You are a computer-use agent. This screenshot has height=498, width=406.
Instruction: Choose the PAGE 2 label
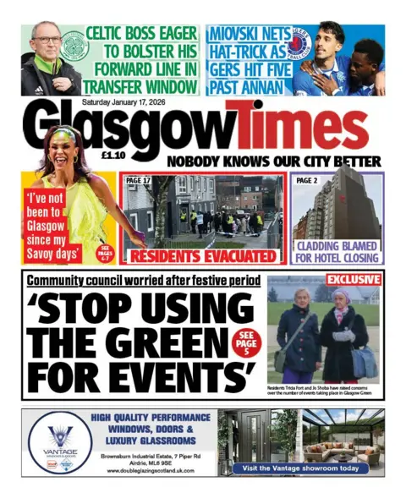307,180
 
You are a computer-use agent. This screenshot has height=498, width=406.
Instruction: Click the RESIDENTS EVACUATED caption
201,252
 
